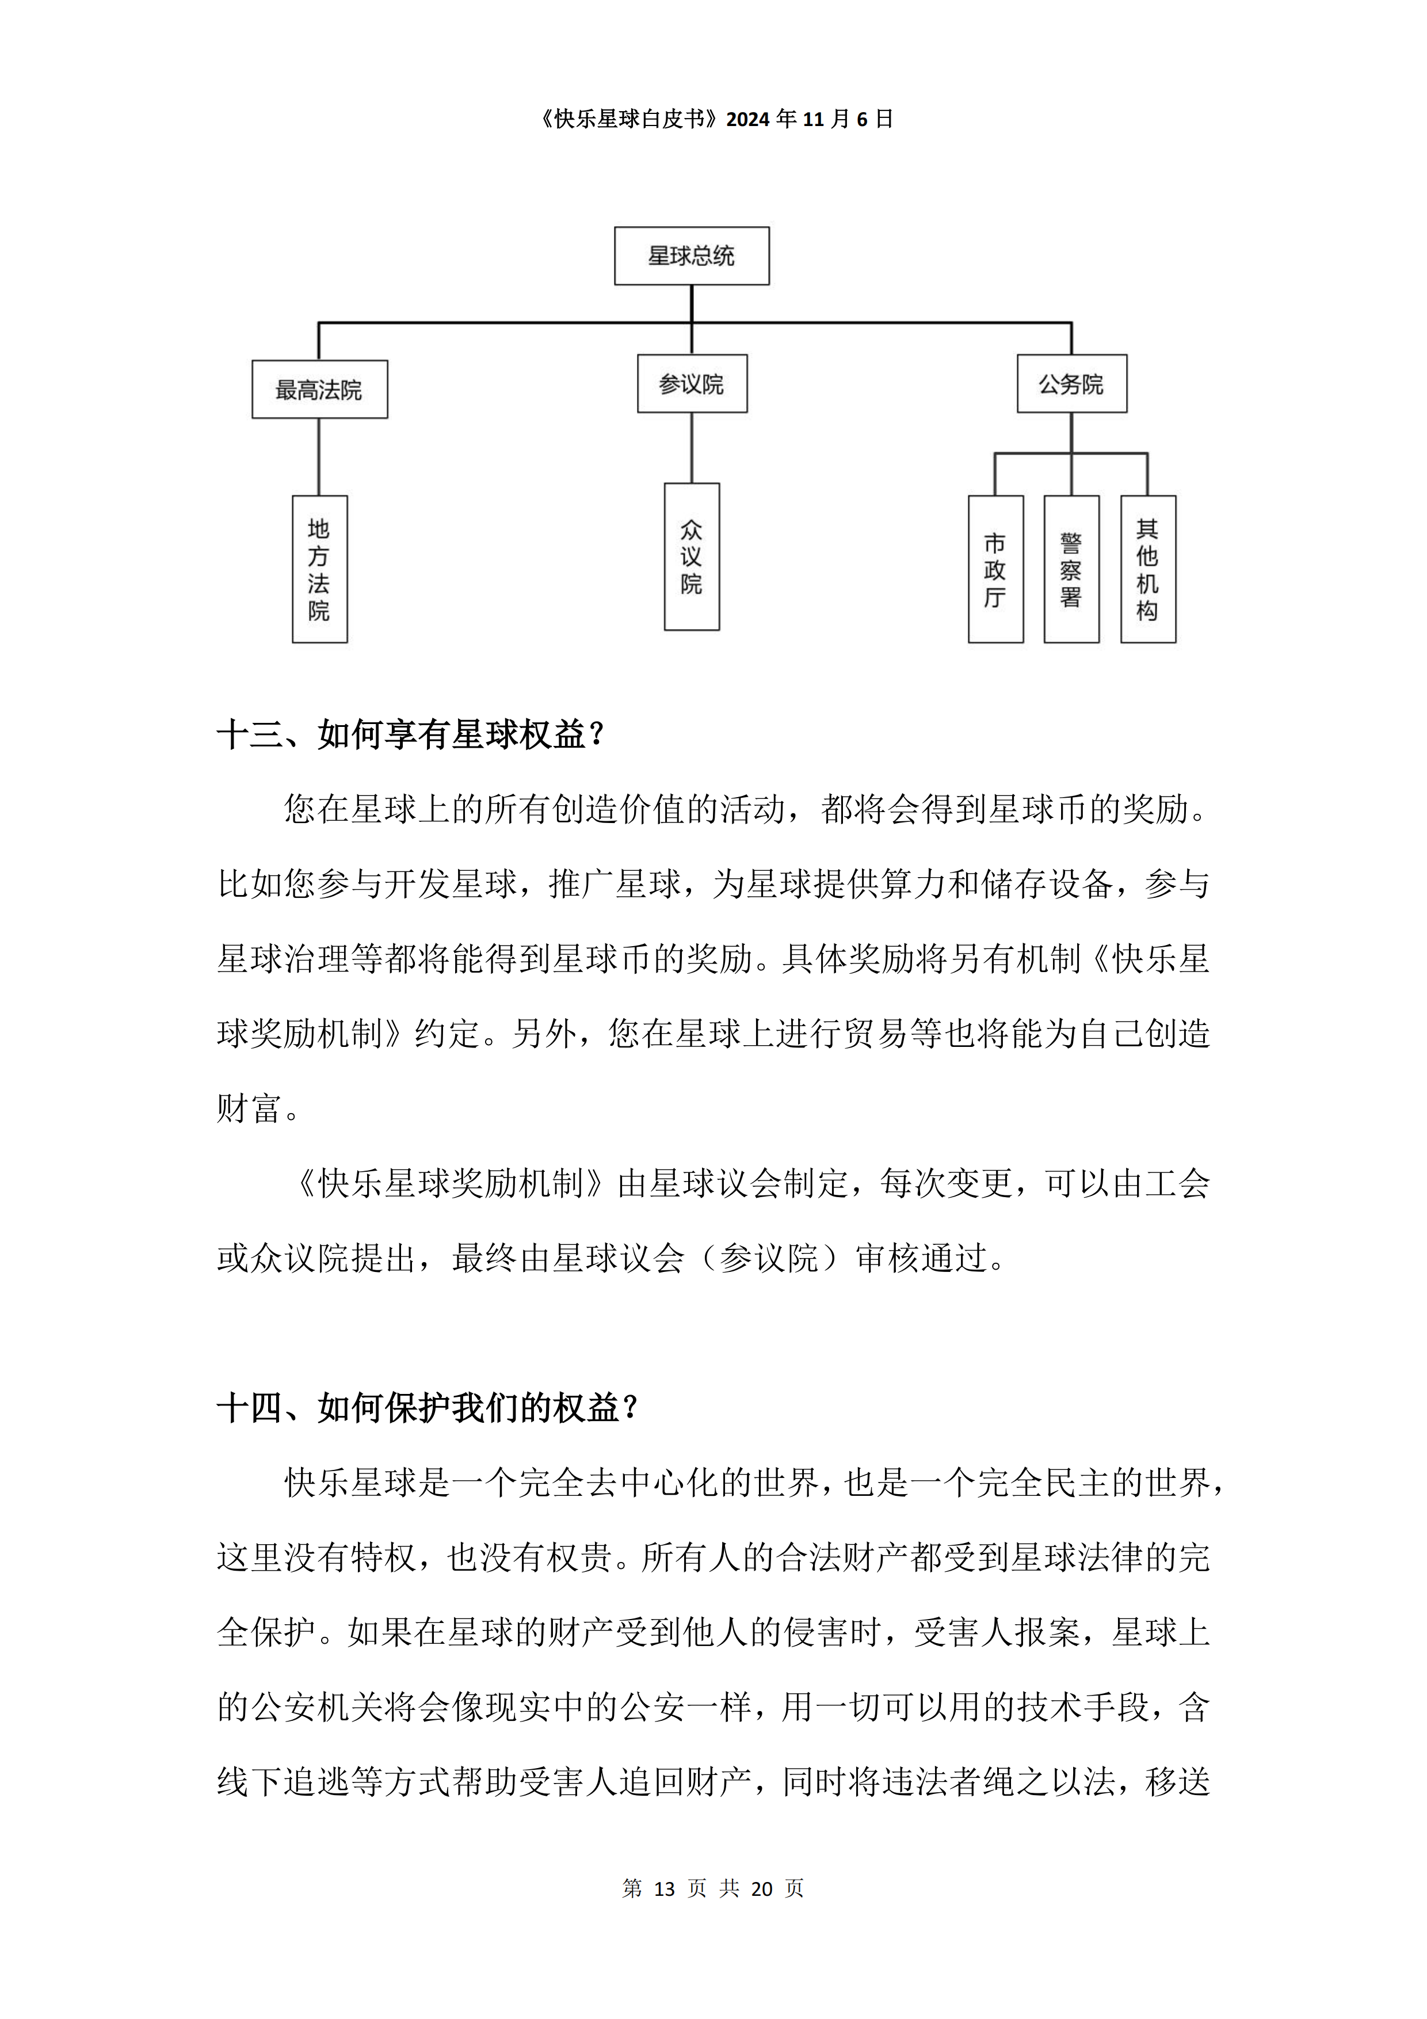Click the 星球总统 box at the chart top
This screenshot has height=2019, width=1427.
click(x=691, y=256)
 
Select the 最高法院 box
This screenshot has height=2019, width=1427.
click(x=319, y=390)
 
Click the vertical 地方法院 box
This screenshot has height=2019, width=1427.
click(x=319, y=569)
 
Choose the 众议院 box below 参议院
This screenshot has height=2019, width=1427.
click(x=692, y=557)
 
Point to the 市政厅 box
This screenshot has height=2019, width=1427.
click(x=995, y=569)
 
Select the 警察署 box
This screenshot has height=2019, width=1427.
click(x=1071, y=569)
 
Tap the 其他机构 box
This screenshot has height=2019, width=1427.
click(x=1147, y=569)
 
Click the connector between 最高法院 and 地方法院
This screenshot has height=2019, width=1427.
click(x=319, y=456)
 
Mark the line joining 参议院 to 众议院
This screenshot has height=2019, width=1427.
click(x=692, y=448)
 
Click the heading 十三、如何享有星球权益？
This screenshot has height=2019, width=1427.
click(x=411, y=734)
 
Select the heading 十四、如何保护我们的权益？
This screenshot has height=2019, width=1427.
click(x=428, y=1408)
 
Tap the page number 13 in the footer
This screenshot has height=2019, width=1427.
click(x=665, y=1889)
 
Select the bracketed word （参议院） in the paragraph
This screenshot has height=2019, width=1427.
click(x=769, y=1258)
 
